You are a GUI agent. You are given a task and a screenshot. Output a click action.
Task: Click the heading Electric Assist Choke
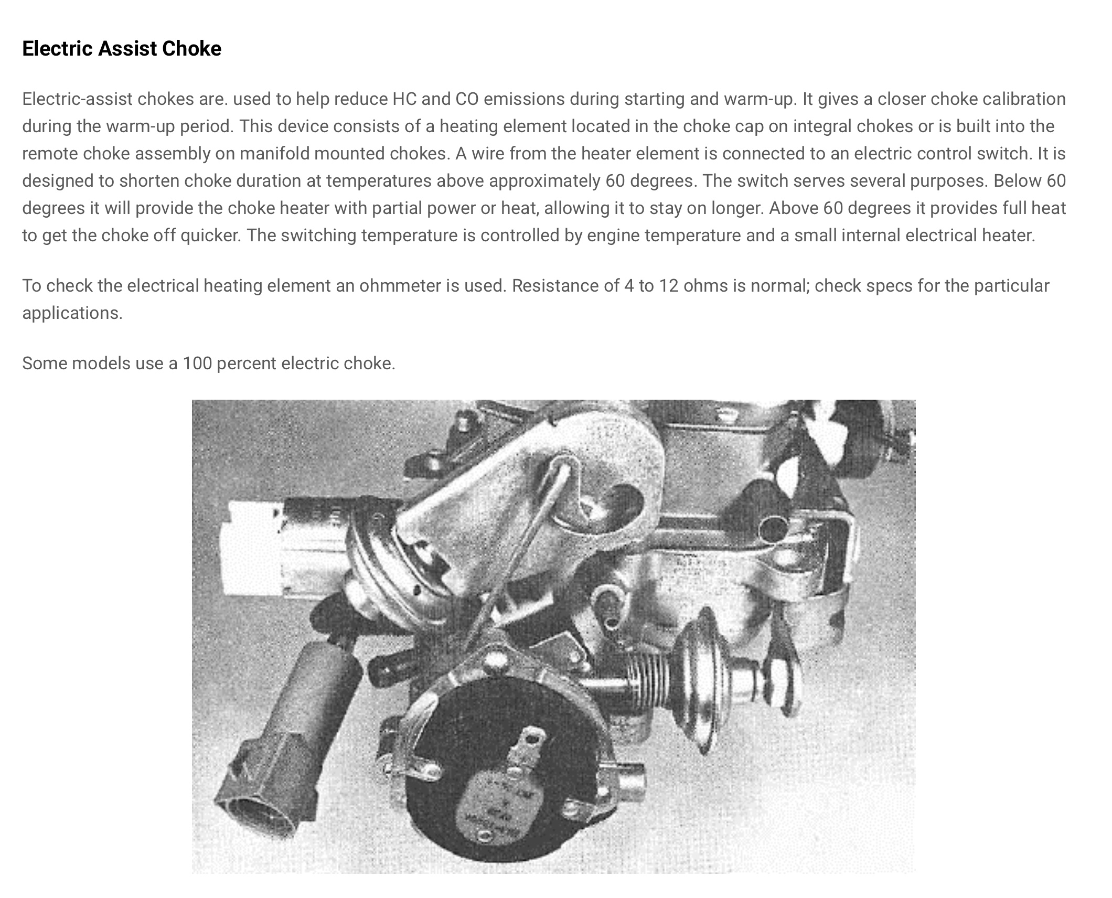(122, 49)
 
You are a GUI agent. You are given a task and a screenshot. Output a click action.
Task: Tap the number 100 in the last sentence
(197, 364)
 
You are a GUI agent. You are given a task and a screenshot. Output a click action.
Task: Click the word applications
(72, 313)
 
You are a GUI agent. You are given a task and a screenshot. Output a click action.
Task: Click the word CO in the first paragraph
(466, 99)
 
